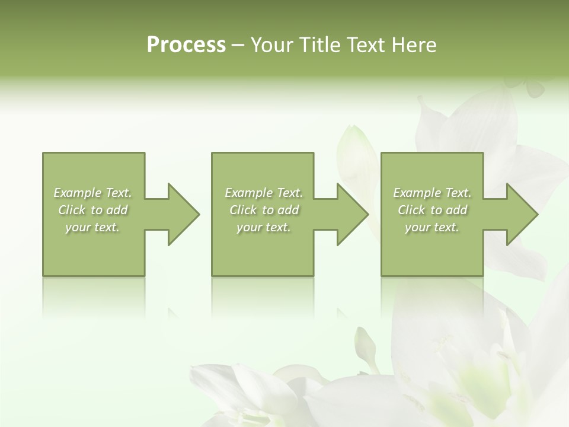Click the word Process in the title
tap(186, 45)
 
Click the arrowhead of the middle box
tap(352, 214)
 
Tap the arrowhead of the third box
tap(522, 214)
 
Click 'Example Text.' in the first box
tap(92, 193)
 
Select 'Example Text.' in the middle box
tap(263, 193)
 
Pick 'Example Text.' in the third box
tap(432, 193)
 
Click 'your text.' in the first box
tap(92, 227)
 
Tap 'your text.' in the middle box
tap(263, 227)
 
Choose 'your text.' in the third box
tap(432, 227)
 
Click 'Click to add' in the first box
tap(92, 210)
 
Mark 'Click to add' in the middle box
tap(263, 210)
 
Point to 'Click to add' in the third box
tap(432, 210)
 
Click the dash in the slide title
tap(238, 46)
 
